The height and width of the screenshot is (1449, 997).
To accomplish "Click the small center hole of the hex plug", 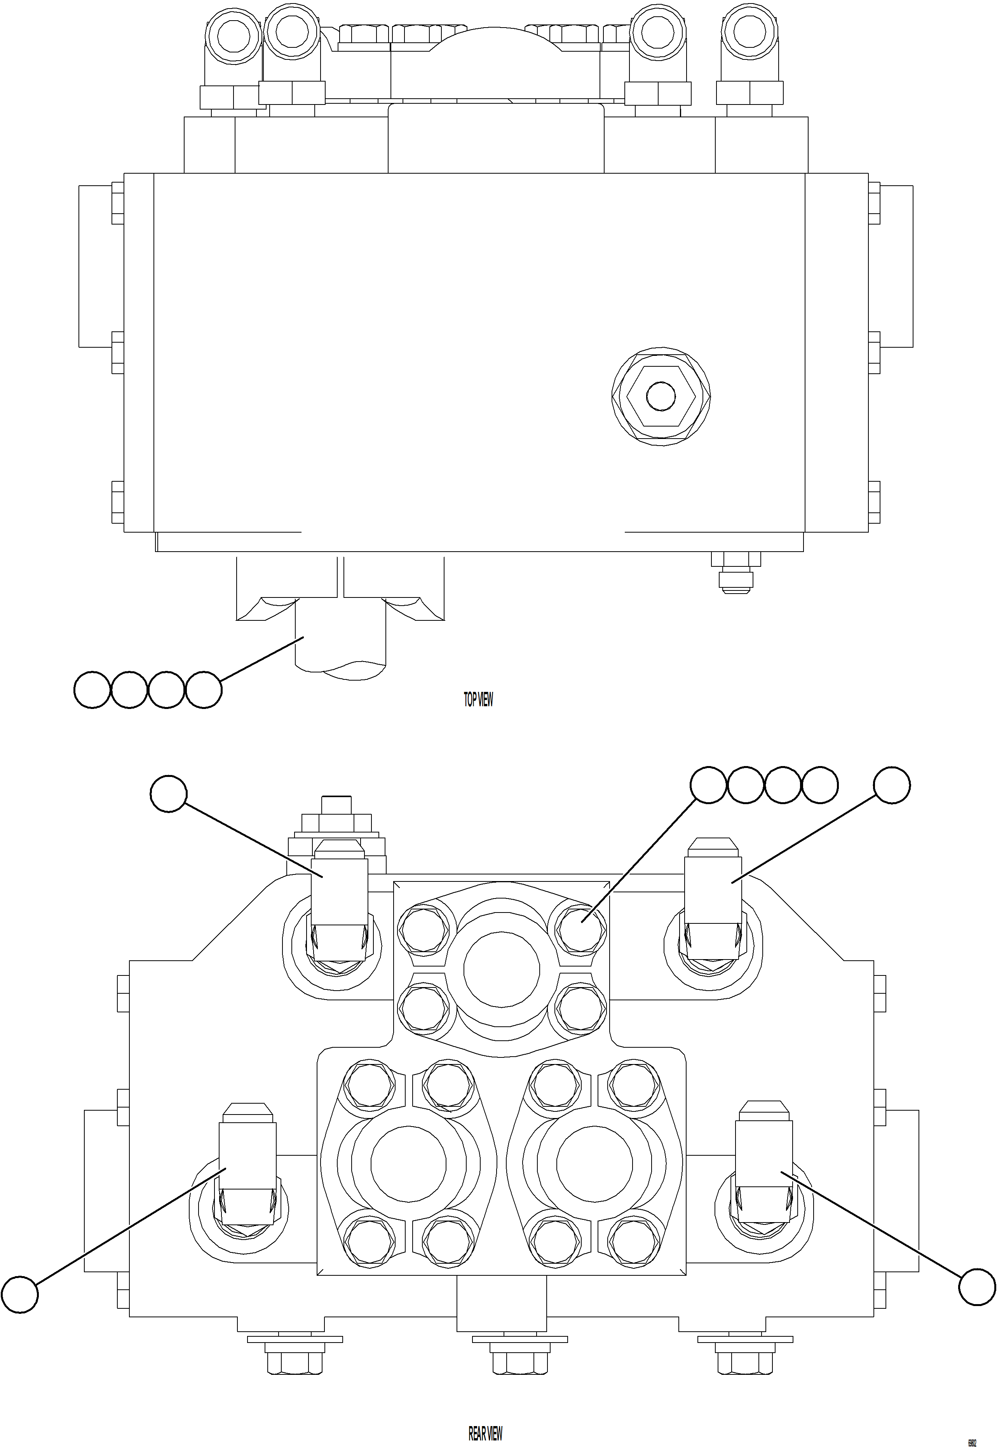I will (x=661, y=396).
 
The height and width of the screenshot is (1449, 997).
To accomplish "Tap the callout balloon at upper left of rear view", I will (x=169, y=794).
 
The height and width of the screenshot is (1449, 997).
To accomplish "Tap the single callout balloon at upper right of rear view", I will (x=891, y=785).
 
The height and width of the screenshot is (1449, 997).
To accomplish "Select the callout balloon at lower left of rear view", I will (x=19, y=1295).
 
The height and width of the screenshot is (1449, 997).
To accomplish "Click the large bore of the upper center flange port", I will (x=502, y=969).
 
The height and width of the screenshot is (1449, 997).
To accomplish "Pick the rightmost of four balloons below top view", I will (x=204, y=690).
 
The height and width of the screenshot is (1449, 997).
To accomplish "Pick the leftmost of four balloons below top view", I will (x=92, y=690).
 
